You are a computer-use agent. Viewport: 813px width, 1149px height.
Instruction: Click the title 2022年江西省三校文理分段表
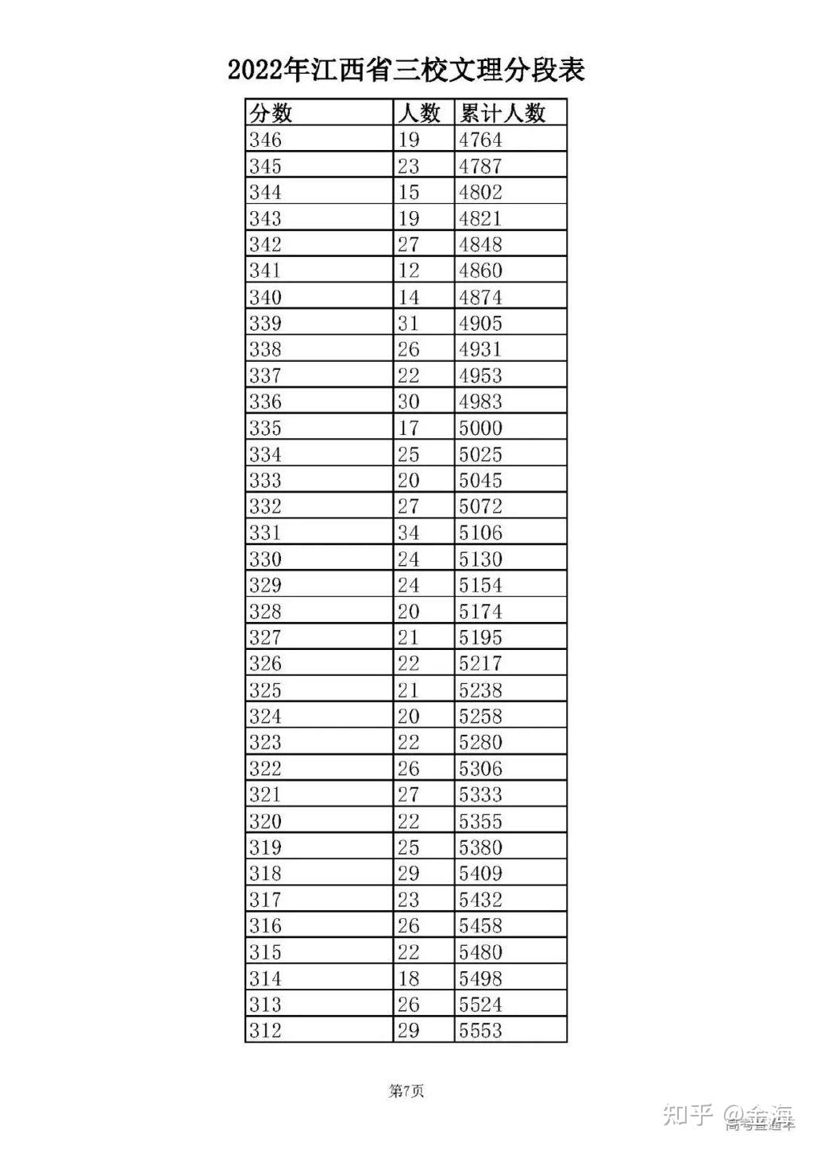pos(406,71)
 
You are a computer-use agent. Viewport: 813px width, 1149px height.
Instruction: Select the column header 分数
pos(271,113)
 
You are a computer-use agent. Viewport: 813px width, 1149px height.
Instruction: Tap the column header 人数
pos(419,113)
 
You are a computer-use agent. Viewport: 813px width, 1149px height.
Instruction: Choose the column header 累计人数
pos(503,113)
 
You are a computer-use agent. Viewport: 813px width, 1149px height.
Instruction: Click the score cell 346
pos(265,140)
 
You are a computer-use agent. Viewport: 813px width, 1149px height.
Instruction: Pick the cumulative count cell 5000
pos(480,428)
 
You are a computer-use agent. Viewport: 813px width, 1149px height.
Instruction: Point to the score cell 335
pos(265,428)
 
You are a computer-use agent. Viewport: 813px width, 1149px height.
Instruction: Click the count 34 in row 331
pos(408,532)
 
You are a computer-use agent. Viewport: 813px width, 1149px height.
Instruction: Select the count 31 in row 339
pos(408,323)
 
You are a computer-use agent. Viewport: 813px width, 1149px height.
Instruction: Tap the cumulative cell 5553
pos(480,1030)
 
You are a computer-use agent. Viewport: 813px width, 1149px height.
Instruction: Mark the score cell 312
pos(265,1030)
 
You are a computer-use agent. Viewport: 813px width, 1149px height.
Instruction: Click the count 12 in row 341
pos(408,271)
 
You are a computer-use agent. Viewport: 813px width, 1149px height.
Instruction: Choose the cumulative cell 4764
pos(480,140)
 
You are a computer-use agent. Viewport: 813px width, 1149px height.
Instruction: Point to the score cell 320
pos(265,820)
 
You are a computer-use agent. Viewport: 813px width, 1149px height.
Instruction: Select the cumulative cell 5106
pos(480,532)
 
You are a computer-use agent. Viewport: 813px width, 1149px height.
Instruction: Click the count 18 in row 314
pos(408,978)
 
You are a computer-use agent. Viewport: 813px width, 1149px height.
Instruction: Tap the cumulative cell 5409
pos(480,873)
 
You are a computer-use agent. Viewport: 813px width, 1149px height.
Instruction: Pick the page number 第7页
pos(406,1091)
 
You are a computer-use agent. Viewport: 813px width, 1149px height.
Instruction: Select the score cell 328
pos(265,611)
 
